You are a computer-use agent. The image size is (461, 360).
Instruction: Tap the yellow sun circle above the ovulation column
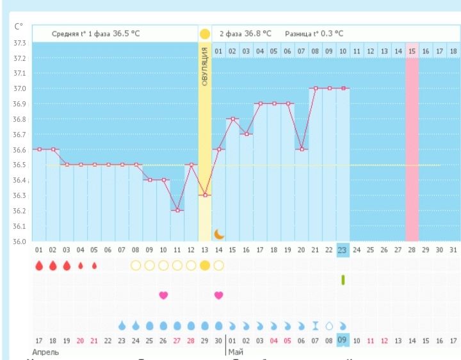[205, 33]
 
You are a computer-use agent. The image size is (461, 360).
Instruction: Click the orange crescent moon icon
[219, 234]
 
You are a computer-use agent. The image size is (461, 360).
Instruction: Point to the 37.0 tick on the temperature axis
[19, 88]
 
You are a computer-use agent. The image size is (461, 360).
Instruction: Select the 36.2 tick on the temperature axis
[19, 211]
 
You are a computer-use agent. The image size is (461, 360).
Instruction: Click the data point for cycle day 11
[177, 210]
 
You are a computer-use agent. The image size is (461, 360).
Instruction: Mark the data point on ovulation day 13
[205, 195]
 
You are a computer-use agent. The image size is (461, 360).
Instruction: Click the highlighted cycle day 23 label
[343, 249]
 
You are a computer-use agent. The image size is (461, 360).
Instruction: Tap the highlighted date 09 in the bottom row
[343, 340]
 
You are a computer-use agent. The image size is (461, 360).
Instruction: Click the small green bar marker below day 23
[343, 279]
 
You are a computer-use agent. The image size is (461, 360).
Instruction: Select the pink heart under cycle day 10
[163, 295]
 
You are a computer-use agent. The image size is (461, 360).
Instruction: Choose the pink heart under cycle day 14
[218, 295]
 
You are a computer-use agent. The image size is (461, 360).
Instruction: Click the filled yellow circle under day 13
[205, 265]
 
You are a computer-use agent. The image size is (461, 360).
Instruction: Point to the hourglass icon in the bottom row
[315, 325]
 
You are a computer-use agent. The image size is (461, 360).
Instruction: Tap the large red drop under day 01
[39, 265]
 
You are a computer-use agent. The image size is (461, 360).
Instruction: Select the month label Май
[234, 352]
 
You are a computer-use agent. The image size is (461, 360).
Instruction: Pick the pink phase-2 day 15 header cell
[412, 50]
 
